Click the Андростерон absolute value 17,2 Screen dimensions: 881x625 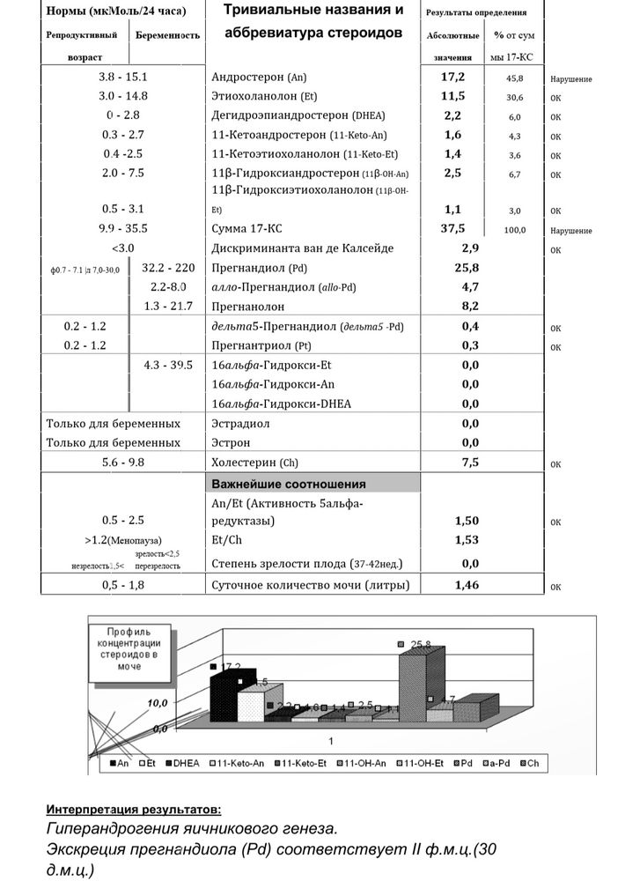452,78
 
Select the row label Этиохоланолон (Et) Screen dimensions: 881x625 265,96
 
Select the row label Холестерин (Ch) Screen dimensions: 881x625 256,462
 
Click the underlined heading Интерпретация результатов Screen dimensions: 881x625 133,809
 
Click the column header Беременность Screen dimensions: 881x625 166,35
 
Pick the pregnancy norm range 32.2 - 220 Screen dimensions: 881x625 167,268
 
